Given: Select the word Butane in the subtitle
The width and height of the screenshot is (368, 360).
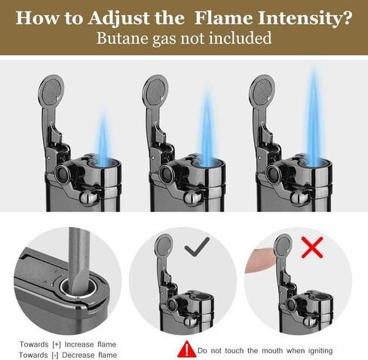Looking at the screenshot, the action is pyautogui.click(x=123, y=38).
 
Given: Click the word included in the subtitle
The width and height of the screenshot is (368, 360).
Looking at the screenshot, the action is pyautogui.click(x=241, y=38).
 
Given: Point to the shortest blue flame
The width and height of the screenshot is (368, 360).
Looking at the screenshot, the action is pyautogui.click(x=103, y=138).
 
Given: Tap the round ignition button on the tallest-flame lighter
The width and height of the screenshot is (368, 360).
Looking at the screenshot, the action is pyautogui.click(x=273, y=174).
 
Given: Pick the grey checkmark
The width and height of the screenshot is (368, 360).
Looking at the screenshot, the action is pyautogui.click(x=197, y=247).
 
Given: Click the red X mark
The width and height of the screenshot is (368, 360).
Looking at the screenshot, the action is pyautogui.click(x=312, y=248).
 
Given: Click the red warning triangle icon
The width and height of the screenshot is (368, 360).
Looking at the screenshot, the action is pyautogui.click(x=186, y=349).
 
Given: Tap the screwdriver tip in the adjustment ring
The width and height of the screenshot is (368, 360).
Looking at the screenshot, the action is pyautogui.click(x=79, y=285).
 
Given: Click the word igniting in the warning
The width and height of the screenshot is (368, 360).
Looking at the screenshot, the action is pyautogui.click(x=317, y=351).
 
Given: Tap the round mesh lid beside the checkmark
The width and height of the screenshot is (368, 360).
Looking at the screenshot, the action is pyautogui.click(x=164, y=245).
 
